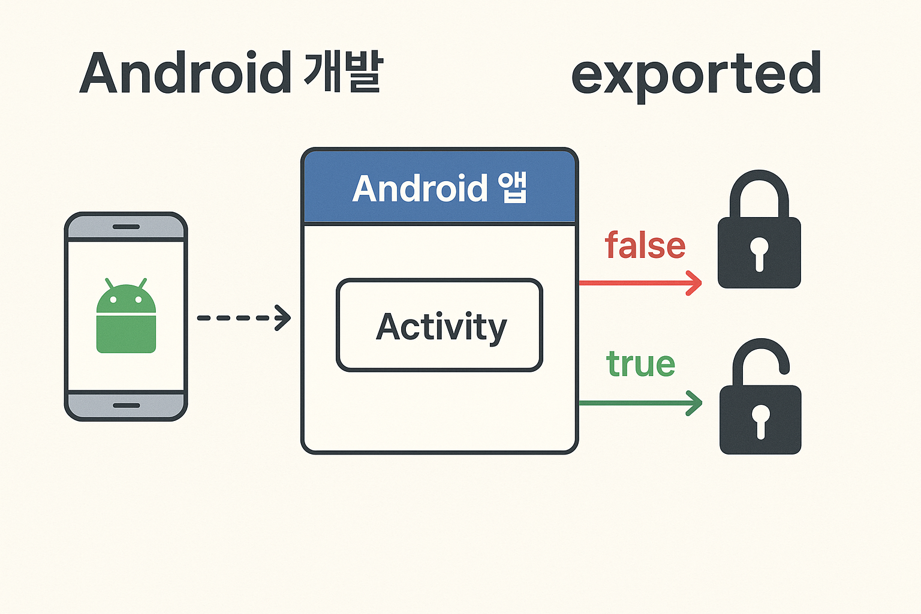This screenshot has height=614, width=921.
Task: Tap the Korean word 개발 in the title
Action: point(343,73)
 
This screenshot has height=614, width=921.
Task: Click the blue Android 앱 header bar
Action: point(440,188)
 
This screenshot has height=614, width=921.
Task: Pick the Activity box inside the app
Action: point(440,325)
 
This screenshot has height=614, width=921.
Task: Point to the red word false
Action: point(645,246)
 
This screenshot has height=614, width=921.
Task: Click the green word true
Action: point(640,364)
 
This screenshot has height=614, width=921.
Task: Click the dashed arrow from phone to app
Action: point(243,318)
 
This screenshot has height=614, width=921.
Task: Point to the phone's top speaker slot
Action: point(126,227)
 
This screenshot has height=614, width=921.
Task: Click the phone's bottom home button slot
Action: point(126,405)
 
